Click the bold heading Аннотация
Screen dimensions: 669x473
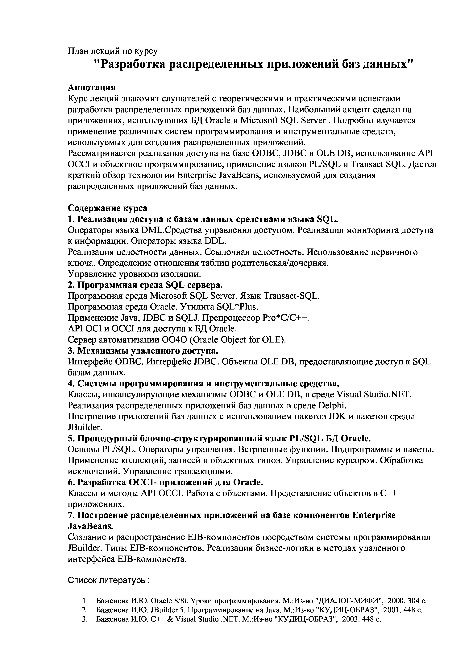[x=92, y=87]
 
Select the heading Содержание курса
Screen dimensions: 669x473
[x=108, y=208]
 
